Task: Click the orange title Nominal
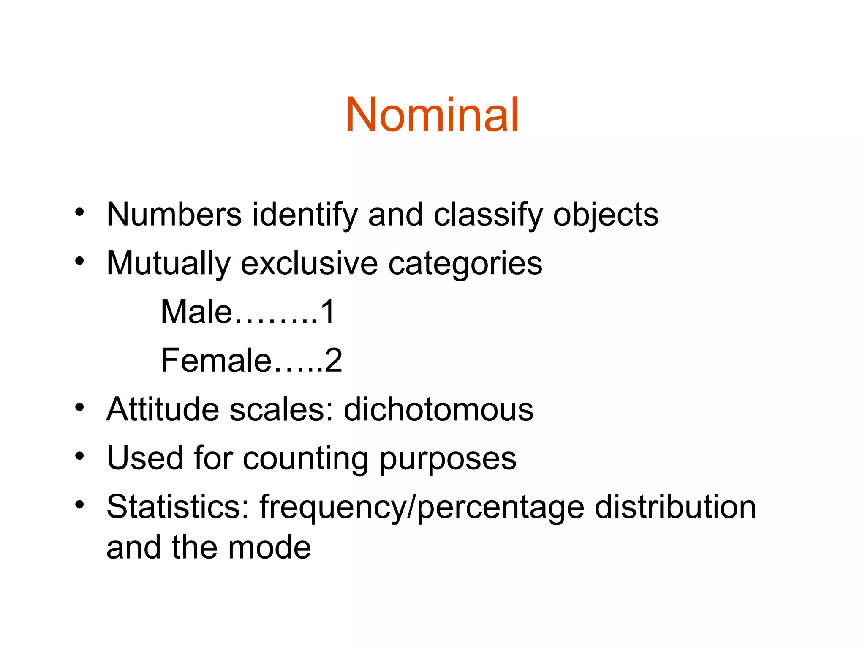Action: (x=432, y=115)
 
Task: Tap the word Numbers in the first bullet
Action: (x=174, y=215)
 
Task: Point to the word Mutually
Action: (x=168, y=264)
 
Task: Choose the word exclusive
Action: (x=309, y=264)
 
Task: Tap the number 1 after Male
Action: (x=327, y=312)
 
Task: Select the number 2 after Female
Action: (x=333, y=360)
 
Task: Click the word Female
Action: (x=216, y=360)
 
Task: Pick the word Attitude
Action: (x=163, y=409)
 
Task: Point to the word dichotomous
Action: (x=438, y=409)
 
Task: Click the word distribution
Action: (x=675, y=507)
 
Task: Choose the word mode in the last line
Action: (x=269, y=548)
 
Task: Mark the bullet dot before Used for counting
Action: (x=79, y=456)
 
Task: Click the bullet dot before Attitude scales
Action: (x=79, y=407)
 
